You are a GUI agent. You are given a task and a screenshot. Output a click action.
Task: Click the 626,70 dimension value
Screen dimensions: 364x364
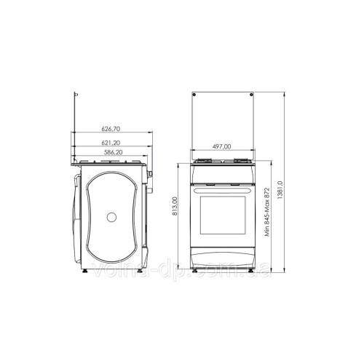click(111, 128)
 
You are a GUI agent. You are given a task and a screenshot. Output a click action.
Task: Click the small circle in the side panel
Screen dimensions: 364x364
click(111, 216)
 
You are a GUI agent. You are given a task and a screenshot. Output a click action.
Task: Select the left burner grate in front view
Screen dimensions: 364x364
click(204, 162)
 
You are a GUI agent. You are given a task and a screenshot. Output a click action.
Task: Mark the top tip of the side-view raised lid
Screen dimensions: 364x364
click(77, 95)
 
